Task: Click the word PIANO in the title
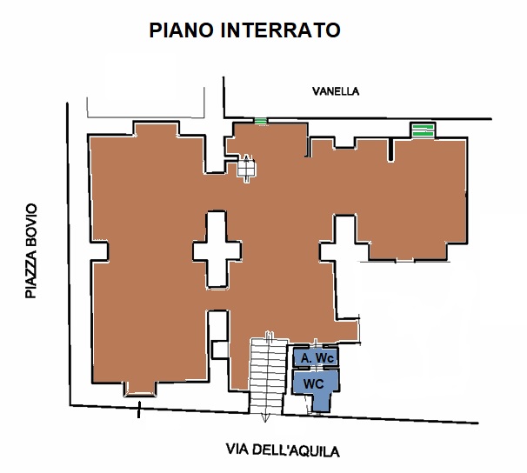[182, 30]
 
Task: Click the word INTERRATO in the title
[281, 30]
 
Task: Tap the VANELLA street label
[336, 91]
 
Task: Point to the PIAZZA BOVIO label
[31, 250]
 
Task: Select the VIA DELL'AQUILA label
[283, 450]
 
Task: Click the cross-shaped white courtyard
[217, 250]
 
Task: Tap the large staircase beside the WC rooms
[268, 376]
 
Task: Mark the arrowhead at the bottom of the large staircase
[265, 419]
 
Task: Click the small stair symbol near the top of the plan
[247, 169]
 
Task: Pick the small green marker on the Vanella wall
[261, 121]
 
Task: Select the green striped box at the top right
[423, 130]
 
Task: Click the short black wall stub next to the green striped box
[390, 150]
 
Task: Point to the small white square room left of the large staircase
[220, 350]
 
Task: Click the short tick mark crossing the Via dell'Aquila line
[138, 410]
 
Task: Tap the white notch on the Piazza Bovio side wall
[99, 250]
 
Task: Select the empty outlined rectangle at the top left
[146, 103]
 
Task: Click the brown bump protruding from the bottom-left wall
[141, 389]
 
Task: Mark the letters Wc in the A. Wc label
[325, 358]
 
